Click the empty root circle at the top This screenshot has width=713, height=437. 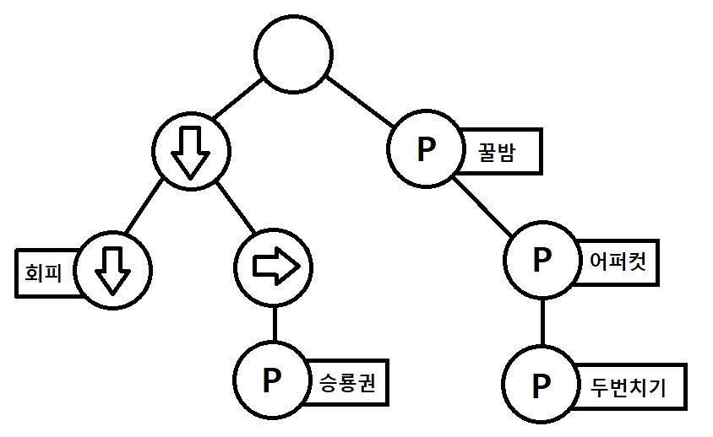(293, 54)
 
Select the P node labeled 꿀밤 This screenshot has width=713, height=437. (426, 148)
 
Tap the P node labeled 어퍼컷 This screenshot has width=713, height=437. (542, 260)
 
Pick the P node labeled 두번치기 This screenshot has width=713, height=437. (542, 385)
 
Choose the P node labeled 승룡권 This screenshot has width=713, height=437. (272, 380)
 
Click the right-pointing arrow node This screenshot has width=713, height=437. (273, 267)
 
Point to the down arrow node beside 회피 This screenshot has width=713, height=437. (112, 271)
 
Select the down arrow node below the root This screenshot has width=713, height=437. (191, 151)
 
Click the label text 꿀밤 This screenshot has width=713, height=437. (497, 152)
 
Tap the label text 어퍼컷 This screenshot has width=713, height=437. (618, 262)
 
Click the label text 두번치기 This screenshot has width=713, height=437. (628, 387)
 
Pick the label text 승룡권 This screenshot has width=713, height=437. (347, 383)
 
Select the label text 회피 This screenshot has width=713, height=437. (43, 273)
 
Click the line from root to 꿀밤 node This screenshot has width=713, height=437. (360, 102)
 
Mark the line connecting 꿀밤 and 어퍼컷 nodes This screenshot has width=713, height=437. (482, 206)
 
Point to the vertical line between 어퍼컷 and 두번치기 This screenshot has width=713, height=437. (542, 322)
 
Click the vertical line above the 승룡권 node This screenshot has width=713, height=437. (275, 324)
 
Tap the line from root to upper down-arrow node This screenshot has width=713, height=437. (238, 99)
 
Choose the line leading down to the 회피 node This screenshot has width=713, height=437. (144, 207)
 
